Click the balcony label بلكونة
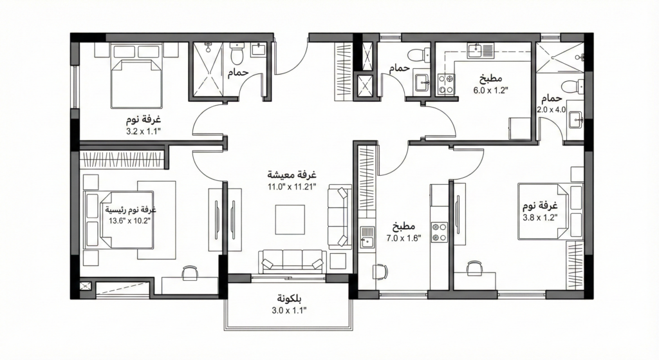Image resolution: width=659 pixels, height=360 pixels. coord(289,299)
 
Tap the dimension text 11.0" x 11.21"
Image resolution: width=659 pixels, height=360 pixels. coord(292,187)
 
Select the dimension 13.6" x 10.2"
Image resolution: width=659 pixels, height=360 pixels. coord(129,220)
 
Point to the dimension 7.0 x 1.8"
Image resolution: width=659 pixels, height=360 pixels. coord(404,238)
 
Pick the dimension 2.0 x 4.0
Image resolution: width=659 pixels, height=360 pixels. coord(552,109)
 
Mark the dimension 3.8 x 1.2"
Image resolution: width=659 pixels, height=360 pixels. coord(540,218)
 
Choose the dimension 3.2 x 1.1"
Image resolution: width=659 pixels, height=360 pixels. coord(144,131)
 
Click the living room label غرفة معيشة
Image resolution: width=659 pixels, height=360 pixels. coord(292,174)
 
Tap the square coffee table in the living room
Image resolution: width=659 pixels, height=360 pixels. coord(290,219)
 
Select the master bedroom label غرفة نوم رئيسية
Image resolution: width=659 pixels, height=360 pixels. coord(130,209)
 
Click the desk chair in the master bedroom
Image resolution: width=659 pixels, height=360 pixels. coord(190,272)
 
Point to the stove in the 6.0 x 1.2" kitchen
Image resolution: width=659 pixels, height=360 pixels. coord(446,83)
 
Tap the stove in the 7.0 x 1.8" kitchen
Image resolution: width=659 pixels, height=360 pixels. coord(440,232)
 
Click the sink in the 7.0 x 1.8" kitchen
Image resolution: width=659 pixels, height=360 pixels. coord(367,238)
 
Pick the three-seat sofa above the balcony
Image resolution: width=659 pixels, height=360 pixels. coord(293,261)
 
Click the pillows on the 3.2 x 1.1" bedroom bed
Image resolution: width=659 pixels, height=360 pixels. coord(136,52)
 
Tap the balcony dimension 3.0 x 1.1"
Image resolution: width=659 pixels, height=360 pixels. coord(289,311)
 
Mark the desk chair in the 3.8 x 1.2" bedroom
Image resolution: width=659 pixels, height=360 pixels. coord(474,268)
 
